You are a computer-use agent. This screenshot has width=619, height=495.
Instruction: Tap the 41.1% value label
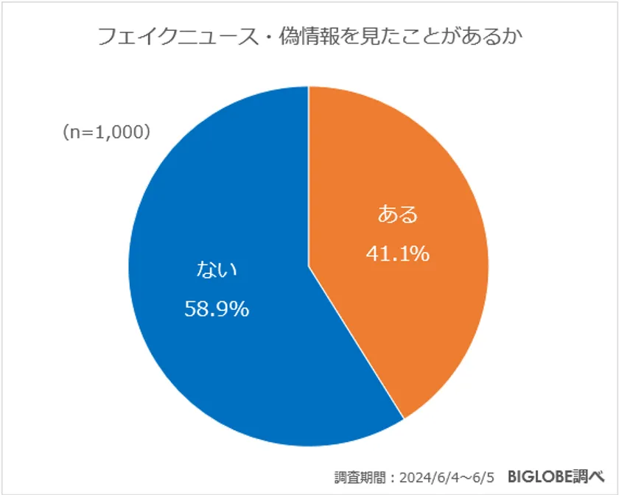(x=398, y=253)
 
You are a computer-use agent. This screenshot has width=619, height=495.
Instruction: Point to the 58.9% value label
(x=216, y=309)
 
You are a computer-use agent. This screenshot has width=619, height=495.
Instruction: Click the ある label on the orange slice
(x=398, y=214)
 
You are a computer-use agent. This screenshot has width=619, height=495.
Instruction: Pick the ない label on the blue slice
(x=216, y=270)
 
